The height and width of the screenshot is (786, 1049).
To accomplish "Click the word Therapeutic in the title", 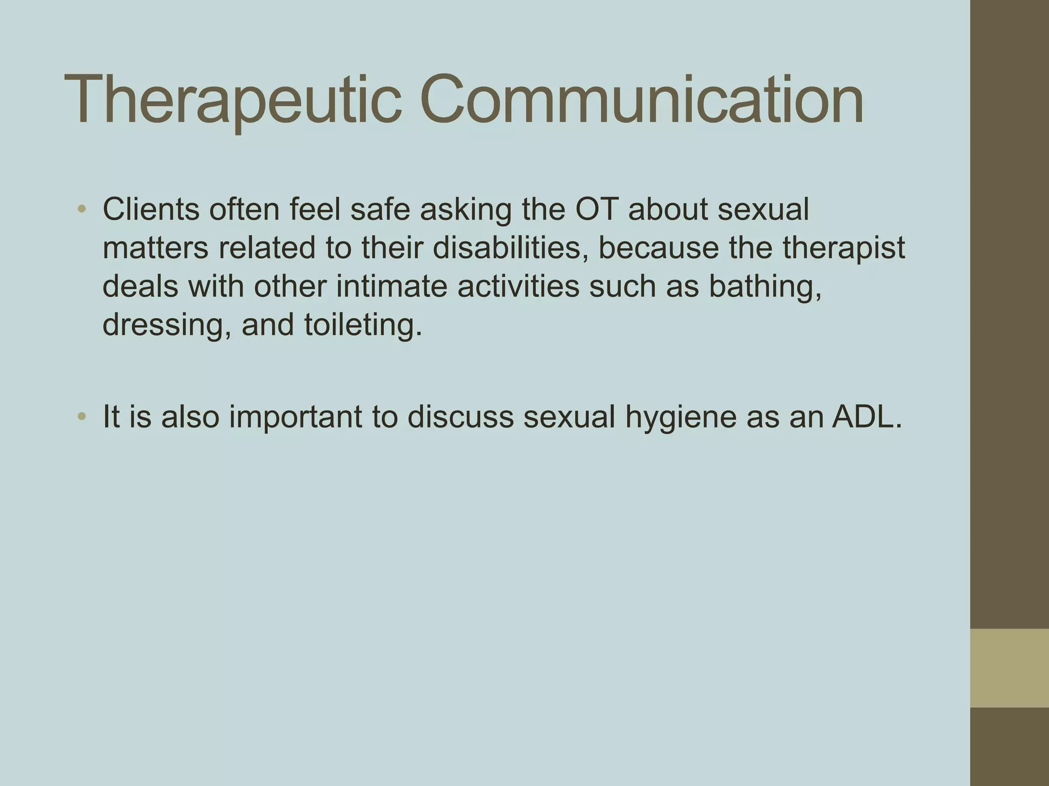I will (x=233, y=100).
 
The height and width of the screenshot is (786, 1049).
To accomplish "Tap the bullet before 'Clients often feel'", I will (x=82, y=209).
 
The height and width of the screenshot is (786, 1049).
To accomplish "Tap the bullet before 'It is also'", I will (x=82, y=417).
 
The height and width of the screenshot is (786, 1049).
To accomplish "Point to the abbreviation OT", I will (x=597, y=209).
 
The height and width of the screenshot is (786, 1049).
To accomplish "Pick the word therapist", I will (x=844, y=248).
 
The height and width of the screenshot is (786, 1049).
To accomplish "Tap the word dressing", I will (x=166, y=325).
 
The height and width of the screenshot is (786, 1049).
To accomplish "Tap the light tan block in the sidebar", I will (x=1009, y=668).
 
